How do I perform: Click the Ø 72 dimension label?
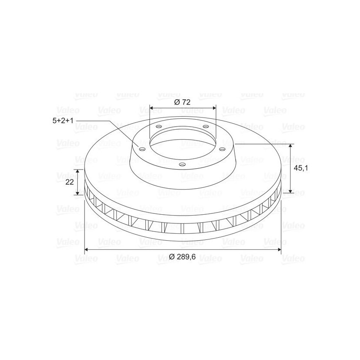[182, 102]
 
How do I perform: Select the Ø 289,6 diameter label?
[182, 257]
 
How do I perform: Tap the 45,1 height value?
[301, 168]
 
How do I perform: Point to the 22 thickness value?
[69, 182]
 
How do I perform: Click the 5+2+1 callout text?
[63, 121]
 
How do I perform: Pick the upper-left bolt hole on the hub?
[158, 127]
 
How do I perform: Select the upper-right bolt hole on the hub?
[206, 127]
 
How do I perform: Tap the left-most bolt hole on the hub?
[143, 150]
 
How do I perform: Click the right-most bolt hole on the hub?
[222, 150]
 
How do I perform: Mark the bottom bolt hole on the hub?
[182, 164]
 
